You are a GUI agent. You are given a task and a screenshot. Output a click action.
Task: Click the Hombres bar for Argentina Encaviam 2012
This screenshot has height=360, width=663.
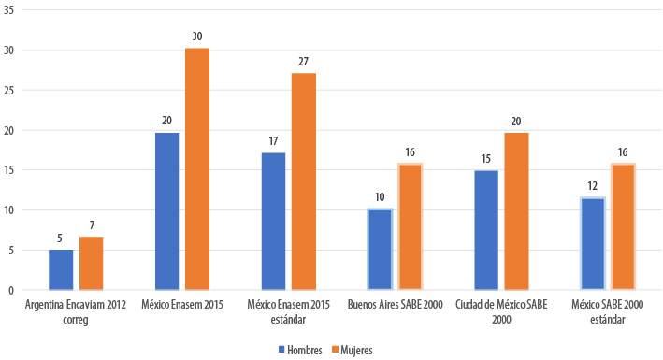tap(61, 269)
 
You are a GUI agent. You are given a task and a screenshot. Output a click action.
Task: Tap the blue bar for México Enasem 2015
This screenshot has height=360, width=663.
tap(167, 211)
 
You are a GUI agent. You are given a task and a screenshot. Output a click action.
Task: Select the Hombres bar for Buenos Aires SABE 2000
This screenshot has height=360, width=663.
tap(380, 250)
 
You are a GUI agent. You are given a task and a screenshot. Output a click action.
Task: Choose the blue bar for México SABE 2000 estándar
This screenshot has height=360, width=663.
tap(592, 244)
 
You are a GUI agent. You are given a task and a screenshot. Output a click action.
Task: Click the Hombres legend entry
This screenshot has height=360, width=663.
tap(301, 350)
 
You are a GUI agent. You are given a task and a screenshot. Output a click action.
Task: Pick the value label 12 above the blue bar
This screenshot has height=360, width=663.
tap(592, 186)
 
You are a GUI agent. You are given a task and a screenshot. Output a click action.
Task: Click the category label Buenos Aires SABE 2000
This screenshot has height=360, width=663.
tap(396, 305)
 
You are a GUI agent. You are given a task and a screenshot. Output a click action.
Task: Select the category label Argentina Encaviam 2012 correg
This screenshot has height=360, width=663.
tap(77, 311)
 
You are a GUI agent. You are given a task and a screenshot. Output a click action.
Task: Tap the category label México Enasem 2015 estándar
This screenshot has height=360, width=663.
tap(288, 311)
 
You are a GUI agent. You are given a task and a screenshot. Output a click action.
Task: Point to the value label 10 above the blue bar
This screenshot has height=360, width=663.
tap(380, 198)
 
